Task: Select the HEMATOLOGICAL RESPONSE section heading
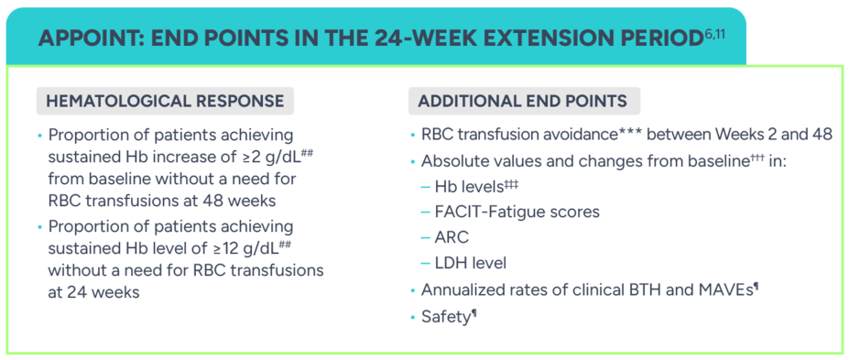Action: point(165,101)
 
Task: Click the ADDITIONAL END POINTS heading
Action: point(523,101)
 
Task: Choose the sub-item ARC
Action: point(452,237)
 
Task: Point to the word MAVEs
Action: point(725,290)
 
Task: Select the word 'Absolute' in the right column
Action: point(454,160)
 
